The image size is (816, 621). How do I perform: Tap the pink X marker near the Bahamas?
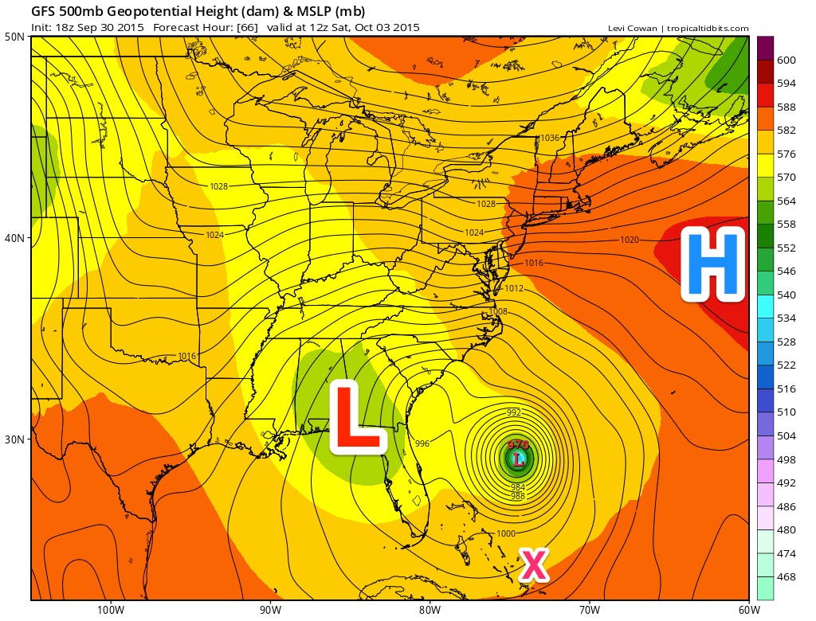(x=533, y=564)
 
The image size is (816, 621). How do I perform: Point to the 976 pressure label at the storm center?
(x=519, y=446)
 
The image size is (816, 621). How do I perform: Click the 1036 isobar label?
(x=549, y=138)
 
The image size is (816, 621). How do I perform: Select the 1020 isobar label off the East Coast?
(x=630, y=240)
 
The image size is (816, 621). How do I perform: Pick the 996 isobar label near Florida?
(x=422, y=443)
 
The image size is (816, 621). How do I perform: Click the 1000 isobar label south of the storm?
(x=505, y=533)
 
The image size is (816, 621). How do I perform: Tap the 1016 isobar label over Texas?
(x=187, y=356)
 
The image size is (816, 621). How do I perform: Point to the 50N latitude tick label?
(x=15, y=37)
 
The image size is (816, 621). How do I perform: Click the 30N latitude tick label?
(x=15, y=439)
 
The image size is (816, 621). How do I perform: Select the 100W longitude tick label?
(x=110, y=610)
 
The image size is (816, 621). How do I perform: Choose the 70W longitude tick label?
(x=589, y=610)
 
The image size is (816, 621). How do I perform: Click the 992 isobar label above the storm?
(x=514, y=412)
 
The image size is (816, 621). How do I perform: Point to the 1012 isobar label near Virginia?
(x=514, y=288)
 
